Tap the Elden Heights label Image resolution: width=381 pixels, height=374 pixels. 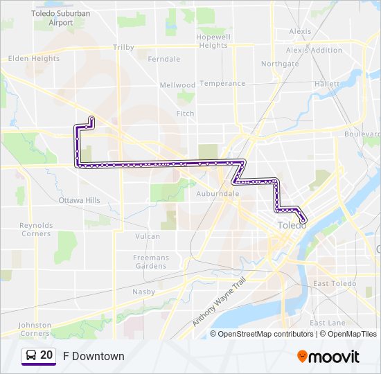tap(33, 59)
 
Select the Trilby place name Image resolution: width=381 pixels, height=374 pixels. tap(123, 48)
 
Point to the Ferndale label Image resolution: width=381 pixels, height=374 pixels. tap(163, 59)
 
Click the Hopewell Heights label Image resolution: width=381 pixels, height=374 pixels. tap(213, 41)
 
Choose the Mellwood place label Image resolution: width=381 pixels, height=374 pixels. tap(177, 85)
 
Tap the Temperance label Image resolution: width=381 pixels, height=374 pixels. tap(222, 84)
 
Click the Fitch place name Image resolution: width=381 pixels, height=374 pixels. tap(185, 114)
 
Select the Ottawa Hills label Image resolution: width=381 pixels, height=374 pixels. tap(79, 200)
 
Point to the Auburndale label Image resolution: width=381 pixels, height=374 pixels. tap(218, 194)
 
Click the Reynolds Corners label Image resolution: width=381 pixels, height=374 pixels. tap(35, 229)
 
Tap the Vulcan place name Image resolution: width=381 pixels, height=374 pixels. tap(148, 236)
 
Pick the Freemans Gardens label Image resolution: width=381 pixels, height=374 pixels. tap(150, 262)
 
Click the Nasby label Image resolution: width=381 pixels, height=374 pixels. tap(143, 292)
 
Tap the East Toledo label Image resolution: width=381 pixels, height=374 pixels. tap(334, 284)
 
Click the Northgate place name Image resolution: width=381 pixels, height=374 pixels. tap(280, 64)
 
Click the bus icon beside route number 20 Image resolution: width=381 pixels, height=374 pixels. tap(30, 356)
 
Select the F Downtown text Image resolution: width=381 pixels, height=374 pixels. tap(94, 356)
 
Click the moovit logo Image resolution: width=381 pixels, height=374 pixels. tap(328, 356)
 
